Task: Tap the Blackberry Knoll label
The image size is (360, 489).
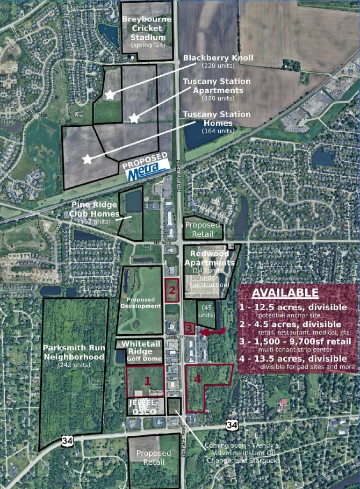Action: click(218, 58)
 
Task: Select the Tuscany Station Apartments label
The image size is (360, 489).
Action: click(217, 86)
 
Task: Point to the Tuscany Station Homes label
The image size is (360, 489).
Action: click(217, 119)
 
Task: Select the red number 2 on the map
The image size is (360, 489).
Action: click(172, 290)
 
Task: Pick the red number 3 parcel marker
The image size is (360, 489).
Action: click(189, 328)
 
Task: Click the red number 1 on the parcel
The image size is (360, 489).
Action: click(146, 379)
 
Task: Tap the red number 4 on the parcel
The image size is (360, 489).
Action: click(198, 379)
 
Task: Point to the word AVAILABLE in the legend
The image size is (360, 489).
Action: click(285, 293)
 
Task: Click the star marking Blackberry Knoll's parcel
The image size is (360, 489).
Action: click(110, 95)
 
